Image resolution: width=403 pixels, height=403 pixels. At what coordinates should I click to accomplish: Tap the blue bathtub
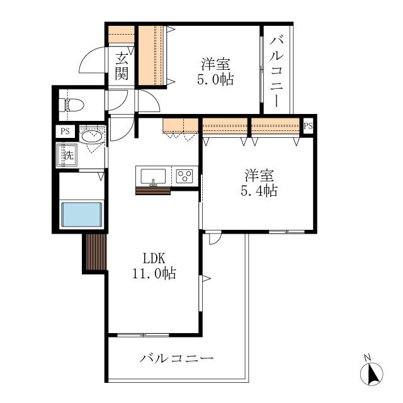[81, 215]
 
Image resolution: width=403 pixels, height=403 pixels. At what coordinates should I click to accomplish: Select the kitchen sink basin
[153, 176]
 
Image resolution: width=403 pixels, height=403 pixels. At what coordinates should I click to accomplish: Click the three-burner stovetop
[184, 176]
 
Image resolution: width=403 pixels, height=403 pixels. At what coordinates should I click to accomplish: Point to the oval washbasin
[91, 136]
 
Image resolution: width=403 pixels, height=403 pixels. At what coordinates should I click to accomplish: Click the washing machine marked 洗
[67, 156]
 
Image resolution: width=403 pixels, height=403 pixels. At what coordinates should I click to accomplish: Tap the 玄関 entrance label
[122, 66]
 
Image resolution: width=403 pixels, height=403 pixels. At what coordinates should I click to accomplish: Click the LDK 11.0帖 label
[154, 266]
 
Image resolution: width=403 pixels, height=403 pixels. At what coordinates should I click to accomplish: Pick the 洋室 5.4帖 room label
[259, 183]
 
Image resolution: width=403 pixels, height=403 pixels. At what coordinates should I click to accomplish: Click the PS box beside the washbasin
[65, 132]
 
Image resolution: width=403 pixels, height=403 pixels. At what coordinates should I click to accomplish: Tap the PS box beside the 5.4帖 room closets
[308, 126]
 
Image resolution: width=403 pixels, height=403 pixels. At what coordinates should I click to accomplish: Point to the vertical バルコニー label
[276, 72]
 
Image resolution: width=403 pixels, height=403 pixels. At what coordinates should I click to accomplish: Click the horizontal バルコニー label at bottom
[176, 358]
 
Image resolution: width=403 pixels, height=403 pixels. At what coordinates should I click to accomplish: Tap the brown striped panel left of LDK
[96, 252]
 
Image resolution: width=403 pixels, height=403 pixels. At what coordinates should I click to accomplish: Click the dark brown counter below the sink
[153, 191]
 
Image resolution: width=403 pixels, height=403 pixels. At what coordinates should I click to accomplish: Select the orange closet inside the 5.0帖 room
[151, 55]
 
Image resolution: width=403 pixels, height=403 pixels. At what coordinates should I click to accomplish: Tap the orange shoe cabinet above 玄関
[122, 34]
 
